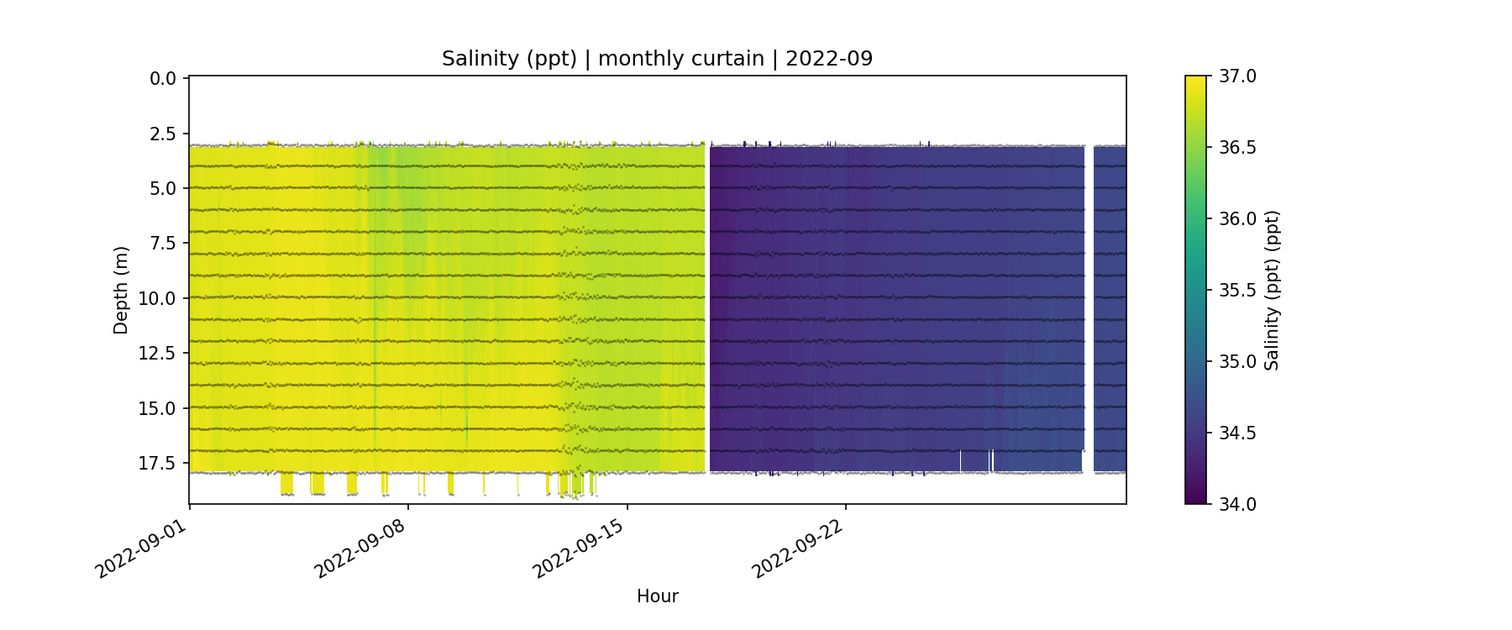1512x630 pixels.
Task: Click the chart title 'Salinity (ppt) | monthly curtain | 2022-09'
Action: [657, 59]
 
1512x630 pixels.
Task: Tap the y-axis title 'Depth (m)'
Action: [121, 290]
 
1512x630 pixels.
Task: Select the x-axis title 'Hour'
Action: [657, 596]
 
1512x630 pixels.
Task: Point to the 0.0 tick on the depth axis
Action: [163, 79]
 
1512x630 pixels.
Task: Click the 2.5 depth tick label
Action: [163, 134]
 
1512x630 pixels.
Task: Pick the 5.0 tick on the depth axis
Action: [163, 189]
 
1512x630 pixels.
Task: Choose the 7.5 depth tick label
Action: [163, 244]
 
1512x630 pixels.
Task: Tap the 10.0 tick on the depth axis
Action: [158, 299]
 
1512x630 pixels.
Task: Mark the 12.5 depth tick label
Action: [158, 354]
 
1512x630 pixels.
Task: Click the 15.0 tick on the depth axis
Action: [158, 409]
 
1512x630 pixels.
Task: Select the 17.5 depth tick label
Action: [158, 464]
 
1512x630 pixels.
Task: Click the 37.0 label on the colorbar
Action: [1237, 76]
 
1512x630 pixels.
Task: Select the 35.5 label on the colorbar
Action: [1237, 291]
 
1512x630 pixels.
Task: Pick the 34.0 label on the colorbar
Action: [1237, 504]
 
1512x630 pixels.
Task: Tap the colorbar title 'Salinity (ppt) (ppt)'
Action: [1272, 290]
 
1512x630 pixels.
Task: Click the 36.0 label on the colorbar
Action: [1237, 219]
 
